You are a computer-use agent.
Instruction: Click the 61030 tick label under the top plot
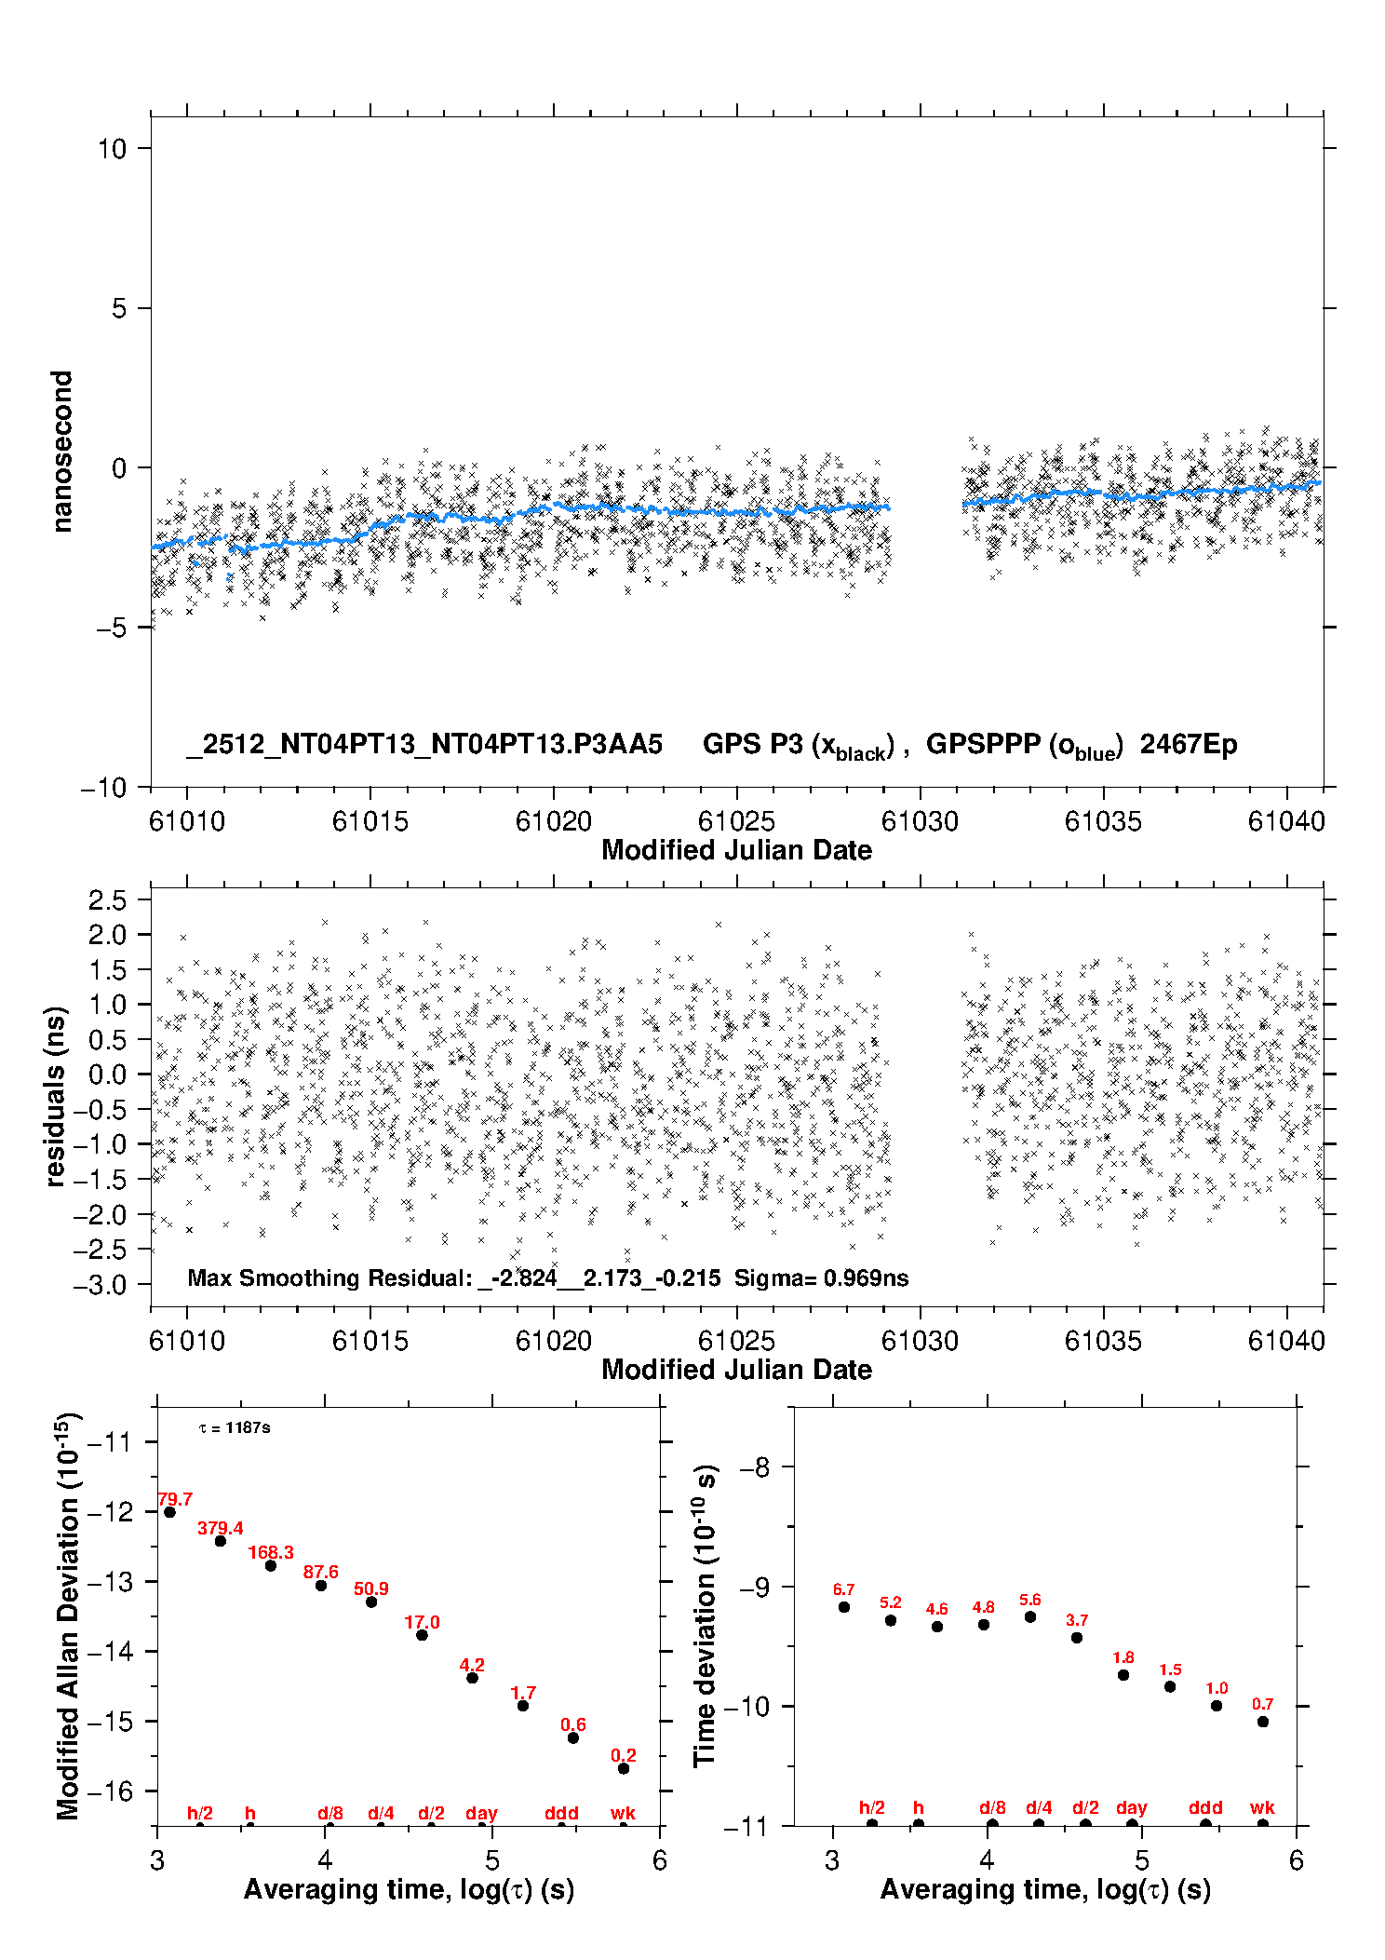click(920, 821)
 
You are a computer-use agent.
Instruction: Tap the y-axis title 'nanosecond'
click(61, 452)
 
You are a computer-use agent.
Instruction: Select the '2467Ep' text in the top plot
click(1189, 744)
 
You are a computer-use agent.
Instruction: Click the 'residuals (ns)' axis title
click(56, 1096)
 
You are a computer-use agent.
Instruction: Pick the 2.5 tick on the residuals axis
click(107, 899)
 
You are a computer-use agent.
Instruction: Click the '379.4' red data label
click(220, 1528)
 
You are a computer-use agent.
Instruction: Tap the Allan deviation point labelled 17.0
click(422, 1635)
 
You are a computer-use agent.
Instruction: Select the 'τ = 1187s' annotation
click(235, 1427)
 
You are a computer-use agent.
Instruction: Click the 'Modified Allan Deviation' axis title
click(68, 1615)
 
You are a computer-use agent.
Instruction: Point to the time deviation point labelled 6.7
click(844, 1607)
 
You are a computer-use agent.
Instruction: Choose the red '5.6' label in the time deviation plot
click(1029, 1600)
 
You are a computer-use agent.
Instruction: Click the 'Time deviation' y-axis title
click(705, 1615)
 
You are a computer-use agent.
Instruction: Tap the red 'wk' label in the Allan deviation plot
click(623, 1813)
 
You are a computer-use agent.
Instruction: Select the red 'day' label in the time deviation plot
click(1131, 1807)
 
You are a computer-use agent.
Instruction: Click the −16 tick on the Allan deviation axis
click(109, 1791)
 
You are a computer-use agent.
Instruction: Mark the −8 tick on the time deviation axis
click(754, 1467)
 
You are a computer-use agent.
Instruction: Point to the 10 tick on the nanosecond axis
click(112, 148)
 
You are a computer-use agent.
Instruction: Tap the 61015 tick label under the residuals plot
click(370, 1341)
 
